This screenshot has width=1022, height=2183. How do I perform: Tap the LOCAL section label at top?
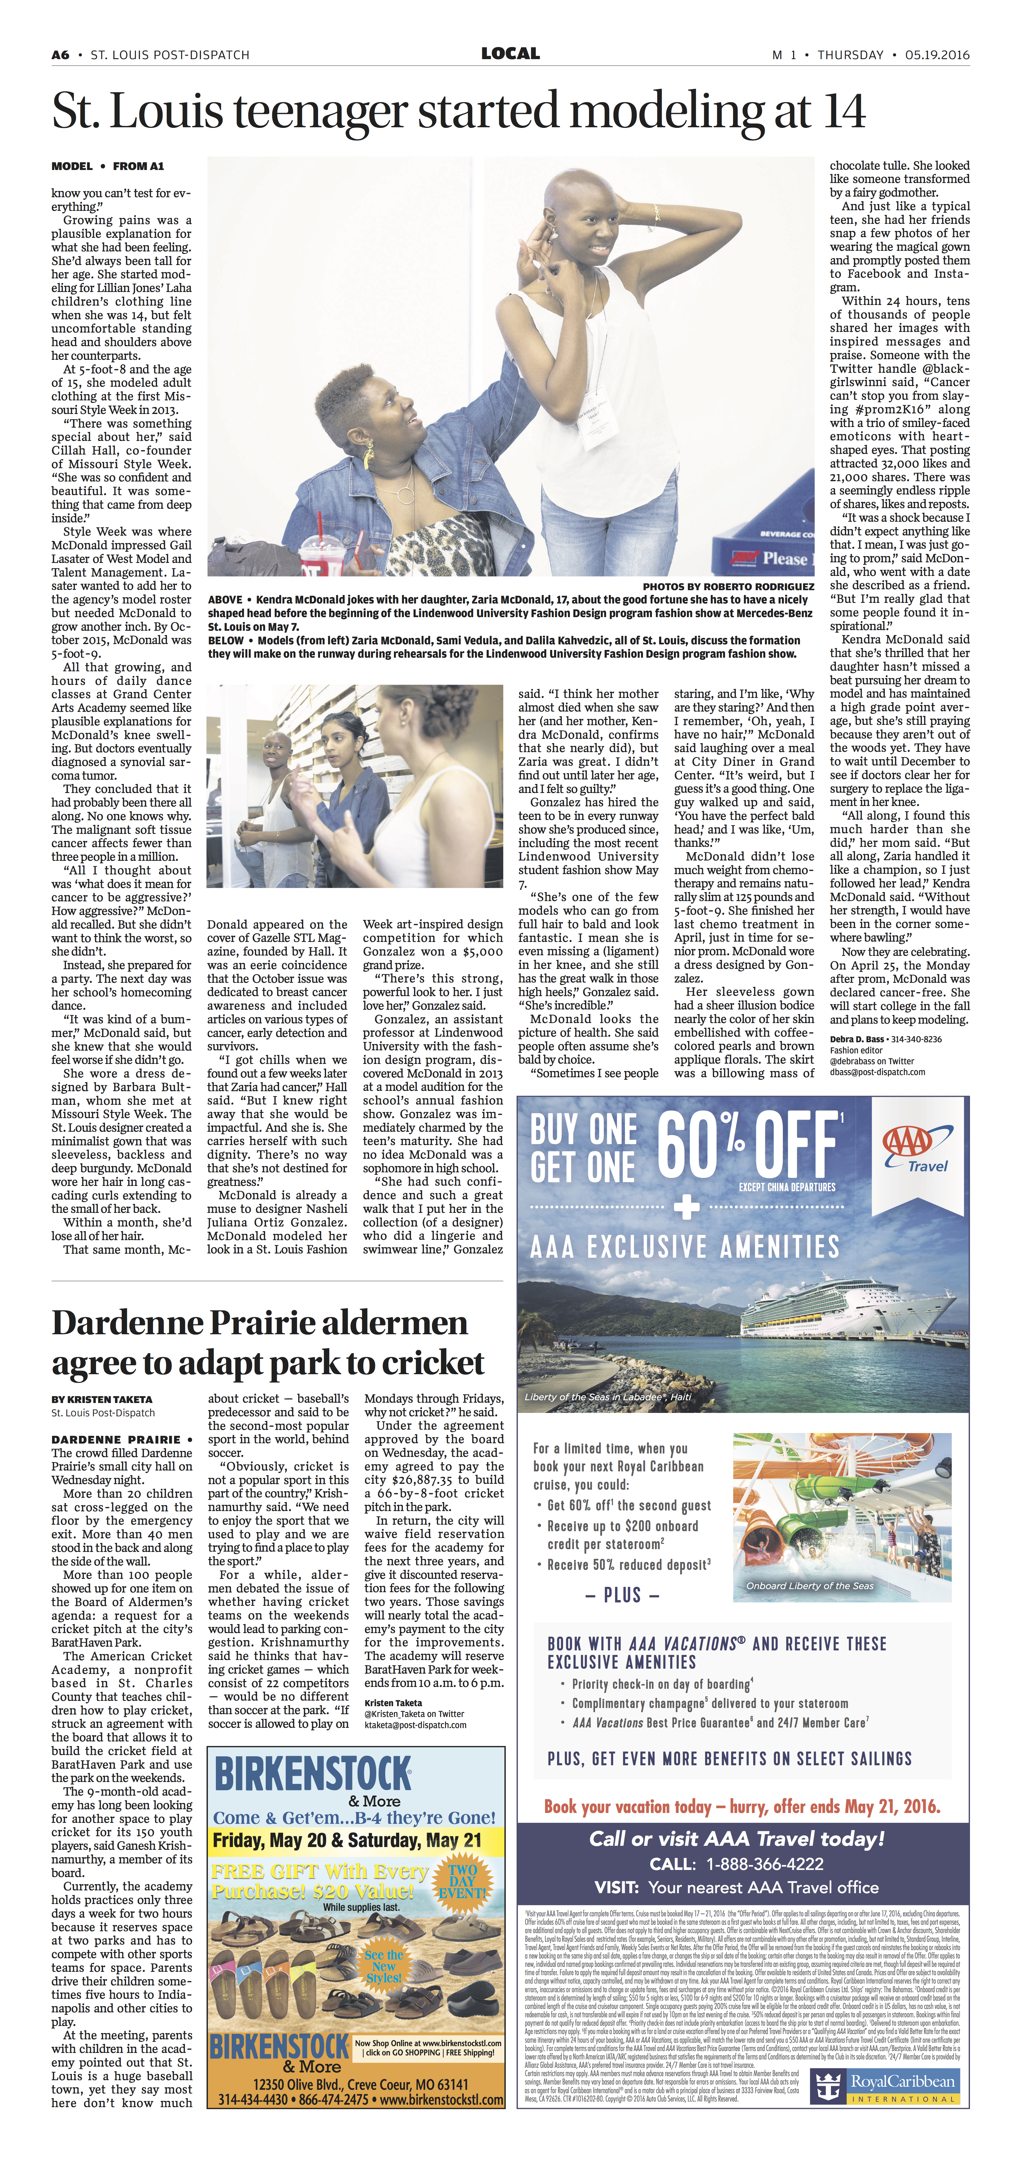[x=510, y=53]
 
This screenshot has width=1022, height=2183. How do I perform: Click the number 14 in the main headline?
[x=833, y=111]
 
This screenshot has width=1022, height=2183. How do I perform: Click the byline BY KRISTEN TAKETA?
[x=102, y=1400]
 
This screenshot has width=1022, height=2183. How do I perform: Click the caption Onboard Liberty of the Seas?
[x=809, y=1586]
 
